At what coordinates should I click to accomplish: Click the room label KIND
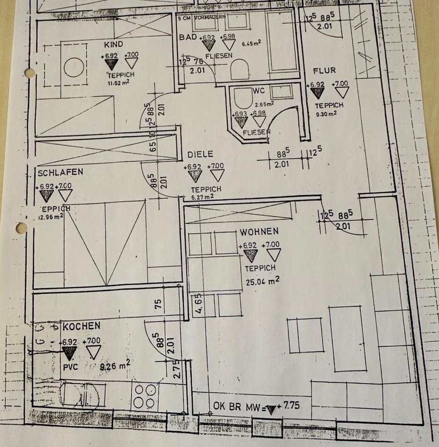coord(114,44)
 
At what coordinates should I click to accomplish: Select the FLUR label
coord(324,71)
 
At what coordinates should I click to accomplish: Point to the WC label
coord(258,90)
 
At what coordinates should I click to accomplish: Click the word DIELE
coord(200,154)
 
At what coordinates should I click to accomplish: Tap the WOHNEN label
coord(259,231)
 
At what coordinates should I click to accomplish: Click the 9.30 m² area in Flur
coord(325,112)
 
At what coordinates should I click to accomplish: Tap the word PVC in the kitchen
coord(69,366)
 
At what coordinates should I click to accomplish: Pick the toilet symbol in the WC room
coord(242,99)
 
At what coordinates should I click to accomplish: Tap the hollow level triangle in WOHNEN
coord(273,255)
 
